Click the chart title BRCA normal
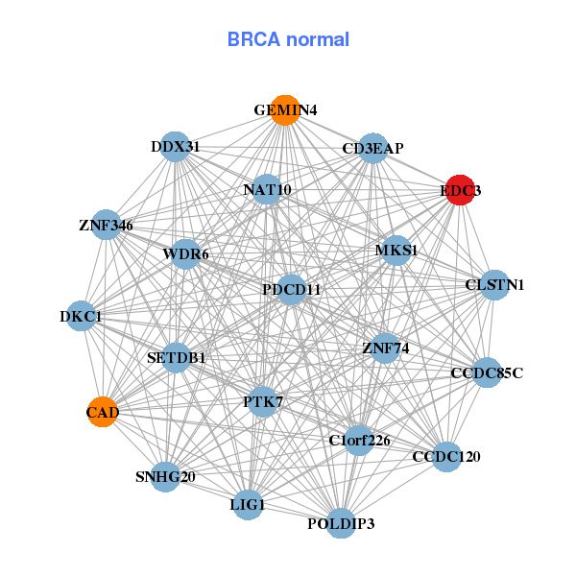(288, 39)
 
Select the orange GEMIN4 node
(284, 109)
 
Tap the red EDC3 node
(461, 190)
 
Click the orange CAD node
(103, 412)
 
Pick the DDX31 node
(175, 147)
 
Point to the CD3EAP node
(372, 148)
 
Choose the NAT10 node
(267, 189)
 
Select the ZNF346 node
(106, 226)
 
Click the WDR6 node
(185, 254)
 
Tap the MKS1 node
(396, 251)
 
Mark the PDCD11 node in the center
(292, 289)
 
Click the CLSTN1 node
(494, 284)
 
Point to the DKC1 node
(81, 316)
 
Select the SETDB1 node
(177, 357)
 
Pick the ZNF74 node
(385, 348)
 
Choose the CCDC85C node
(488, 372)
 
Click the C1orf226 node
(359, 441)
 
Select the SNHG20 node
(165, 476)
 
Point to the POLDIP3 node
(341, 523)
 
